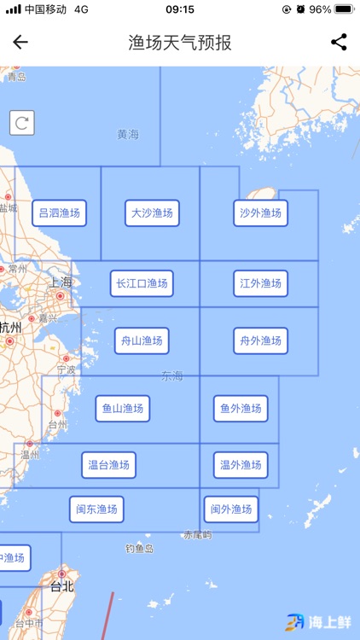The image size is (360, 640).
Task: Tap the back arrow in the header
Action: point(20,42)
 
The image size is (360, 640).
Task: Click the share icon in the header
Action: point(339,42)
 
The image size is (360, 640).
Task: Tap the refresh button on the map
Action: point(22,123)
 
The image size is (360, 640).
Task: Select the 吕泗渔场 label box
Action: point(60,212)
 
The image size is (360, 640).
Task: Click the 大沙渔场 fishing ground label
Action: point(152,212)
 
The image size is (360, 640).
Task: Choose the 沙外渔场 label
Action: point(260,212)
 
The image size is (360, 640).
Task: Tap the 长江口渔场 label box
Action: point(142,283)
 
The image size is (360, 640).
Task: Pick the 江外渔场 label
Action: point(260,283)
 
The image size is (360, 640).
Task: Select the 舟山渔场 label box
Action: point(142,341)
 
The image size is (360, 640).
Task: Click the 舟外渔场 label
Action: point(260,341)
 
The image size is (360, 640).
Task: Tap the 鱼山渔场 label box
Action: point(122,409)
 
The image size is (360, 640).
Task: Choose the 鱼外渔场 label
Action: point(241,409)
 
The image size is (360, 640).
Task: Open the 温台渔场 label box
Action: point(109,465)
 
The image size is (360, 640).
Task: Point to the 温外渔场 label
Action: point(241,465)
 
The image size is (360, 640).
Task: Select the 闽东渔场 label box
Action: point(96,509)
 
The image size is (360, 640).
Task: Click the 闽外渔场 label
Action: point(230,509)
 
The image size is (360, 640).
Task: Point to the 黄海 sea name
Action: point(128,134)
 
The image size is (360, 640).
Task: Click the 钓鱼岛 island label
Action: point(139,548)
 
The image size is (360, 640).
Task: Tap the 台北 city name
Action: point(62,586)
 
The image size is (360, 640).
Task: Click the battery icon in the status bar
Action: point(343,9)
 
